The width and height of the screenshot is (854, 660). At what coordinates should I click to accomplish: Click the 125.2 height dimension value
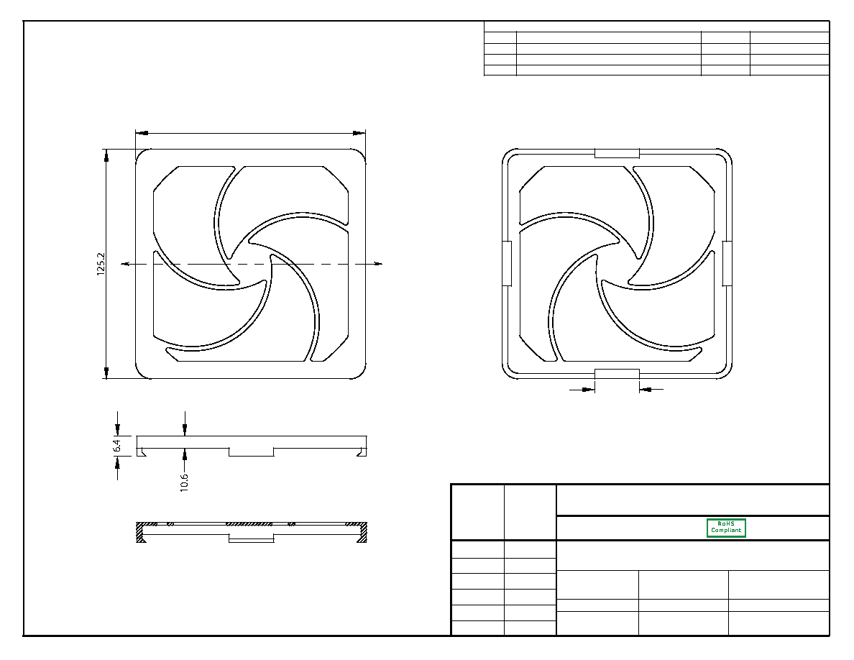pos(101,264)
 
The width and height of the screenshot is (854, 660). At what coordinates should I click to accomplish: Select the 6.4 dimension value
pos(117,446)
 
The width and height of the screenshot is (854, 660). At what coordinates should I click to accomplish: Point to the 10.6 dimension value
pos(184,482)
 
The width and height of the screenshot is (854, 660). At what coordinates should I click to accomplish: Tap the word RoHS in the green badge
pos(726,523)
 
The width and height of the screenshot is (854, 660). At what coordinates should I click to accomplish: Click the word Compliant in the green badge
pos(726,530)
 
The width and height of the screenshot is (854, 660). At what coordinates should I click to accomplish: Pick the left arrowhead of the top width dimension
pos(142,133)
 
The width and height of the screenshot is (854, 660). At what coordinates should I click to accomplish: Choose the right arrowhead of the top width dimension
pos(359,133)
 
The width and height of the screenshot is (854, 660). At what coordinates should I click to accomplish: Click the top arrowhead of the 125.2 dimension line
pos(106,155)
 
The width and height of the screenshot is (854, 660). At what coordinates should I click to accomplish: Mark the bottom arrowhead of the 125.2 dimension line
pos(106,372)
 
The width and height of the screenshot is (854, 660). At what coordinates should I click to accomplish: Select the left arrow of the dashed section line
pos(127,264)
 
